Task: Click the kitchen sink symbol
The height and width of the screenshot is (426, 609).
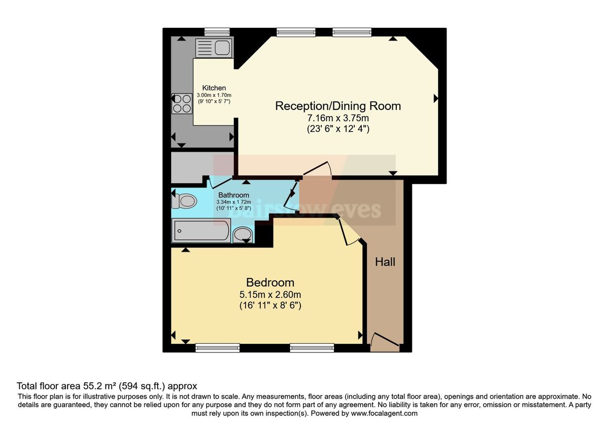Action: pyautogui.click(x=213, y=48)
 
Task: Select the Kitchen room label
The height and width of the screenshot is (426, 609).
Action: pyautogui.click(x=214, y=88)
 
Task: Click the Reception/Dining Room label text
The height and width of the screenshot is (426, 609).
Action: pyautogui.click(x=338, y=106)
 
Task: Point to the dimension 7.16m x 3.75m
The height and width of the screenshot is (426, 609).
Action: pyautogui.click(x=338, y=118)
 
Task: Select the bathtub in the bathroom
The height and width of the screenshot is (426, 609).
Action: pyautogui.click(x=201, y=231)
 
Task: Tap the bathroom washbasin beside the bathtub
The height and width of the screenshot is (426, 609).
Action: pyautogui.click(x=243, y=234)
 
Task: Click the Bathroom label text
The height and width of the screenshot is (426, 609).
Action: pyautogui.click(x=233, y=195)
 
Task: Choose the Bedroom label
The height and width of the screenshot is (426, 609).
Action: pyautogui.click(x=270, y=282)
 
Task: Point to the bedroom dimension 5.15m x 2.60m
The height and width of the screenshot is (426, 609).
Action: pyautogui.click(x=270, y=295)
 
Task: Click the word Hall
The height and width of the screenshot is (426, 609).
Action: pyautogui.click(x=385, y=262)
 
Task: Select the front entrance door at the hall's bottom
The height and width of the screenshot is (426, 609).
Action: pyautogui.click(x=385, y=341)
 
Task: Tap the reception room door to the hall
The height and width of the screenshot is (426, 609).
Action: pyautogui.click(x=318, y=169)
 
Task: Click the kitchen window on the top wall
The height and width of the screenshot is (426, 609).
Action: pyautogui.click(x=214, y=31)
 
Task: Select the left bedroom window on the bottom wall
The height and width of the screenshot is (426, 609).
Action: pyautogui.click(x=218, y=347)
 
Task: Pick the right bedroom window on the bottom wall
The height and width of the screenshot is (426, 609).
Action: pyautogui.click(x=312, y=347)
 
